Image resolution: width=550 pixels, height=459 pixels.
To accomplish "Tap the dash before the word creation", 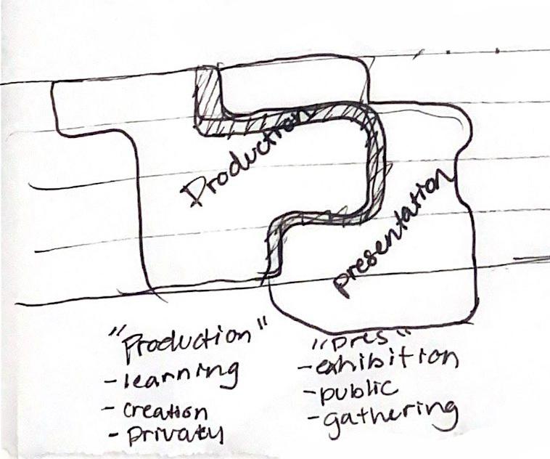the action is (110, 412).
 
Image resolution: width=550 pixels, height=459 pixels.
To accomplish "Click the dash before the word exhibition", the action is (305, 367).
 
